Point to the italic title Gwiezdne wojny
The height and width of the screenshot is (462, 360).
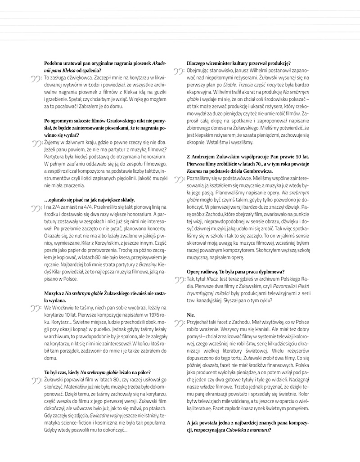(x=108, y=415)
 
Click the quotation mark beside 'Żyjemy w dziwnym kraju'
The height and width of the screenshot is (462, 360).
(x=36, y=143)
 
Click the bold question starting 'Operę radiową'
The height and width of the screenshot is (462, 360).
(x=234, y=271)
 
